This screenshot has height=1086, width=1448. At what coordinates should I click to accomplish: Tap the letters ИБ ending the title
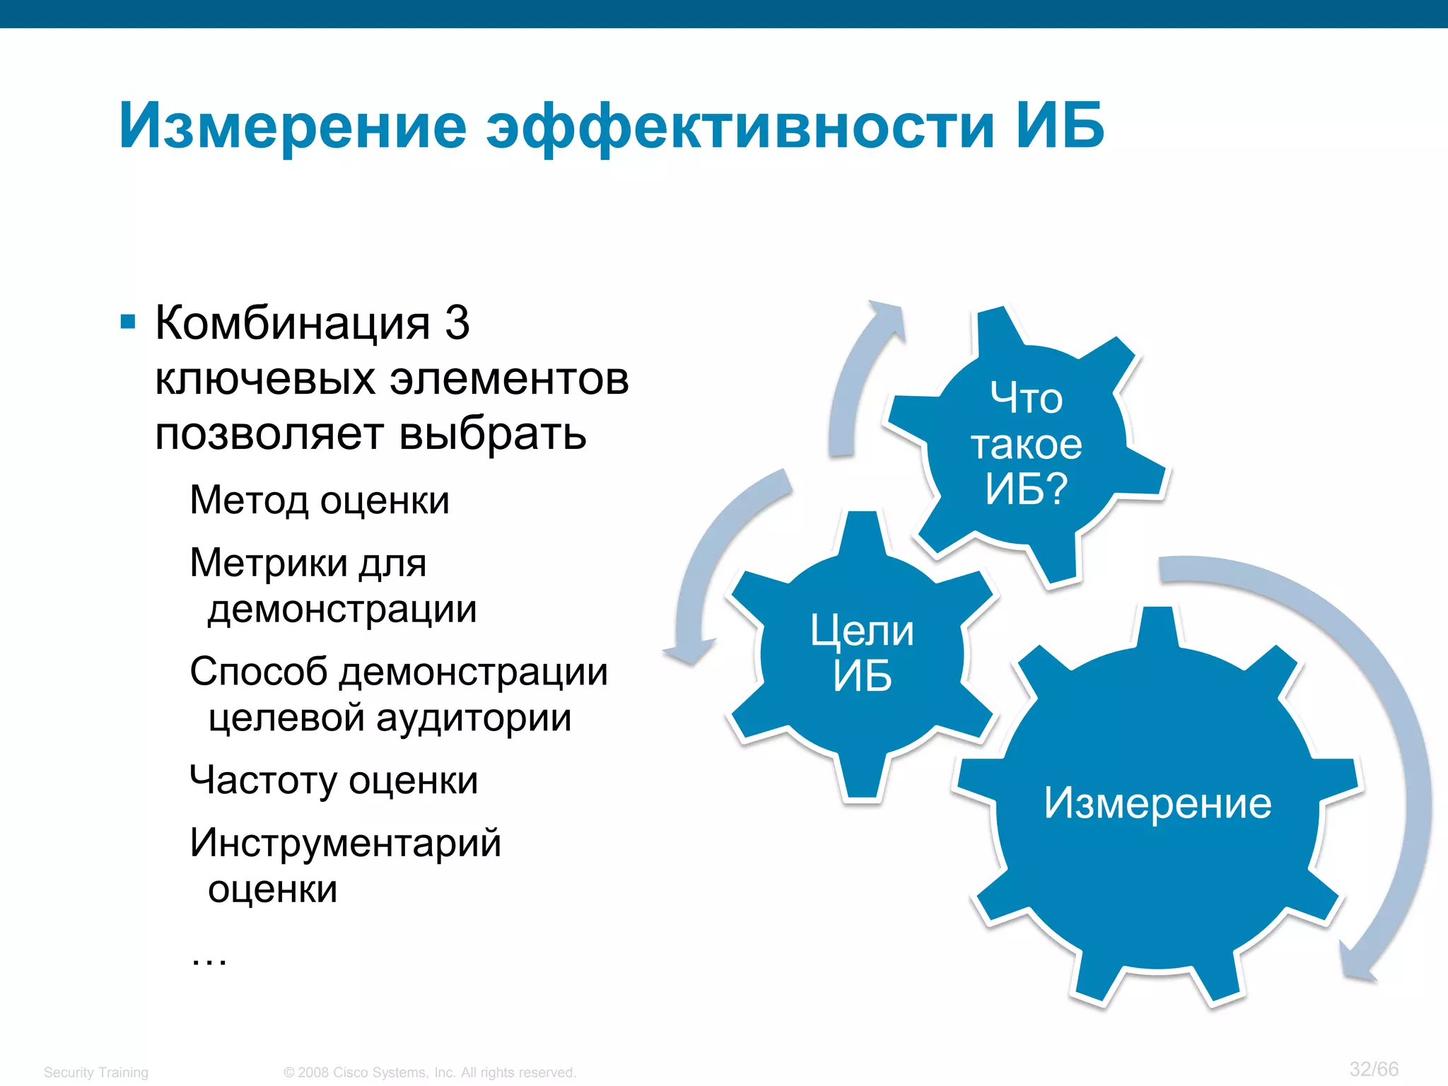(1059, 126)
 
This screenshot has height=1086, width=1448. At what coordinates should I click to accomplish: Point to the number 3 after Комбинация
(457, 323)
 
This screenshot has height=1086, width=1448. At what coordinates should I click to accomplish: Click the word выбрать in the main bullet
(492, 433)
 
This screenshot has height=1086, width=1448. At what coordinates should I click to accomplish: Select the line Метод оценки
(320, 501)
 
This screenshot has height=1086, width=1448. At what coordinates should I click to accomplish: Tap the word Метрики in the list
(269, 564)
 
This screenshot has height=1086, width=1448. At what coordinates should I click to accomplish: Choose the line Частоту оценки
(334, 781)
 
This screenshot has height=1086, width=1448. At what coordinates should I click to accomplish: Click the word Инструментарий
(345, 843)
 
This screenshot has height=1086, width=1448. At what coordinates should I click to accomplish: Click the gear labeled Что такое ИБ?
(1026, 444)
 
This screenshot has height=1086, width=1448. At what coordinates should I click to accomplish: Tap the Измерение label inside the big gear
(1157, 804)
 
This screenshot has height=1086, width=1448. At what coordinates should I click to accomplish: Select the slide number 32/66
(1374, 1068)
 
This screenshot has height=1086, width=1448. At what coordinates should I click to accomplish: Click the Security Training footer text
(96, 1073)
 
